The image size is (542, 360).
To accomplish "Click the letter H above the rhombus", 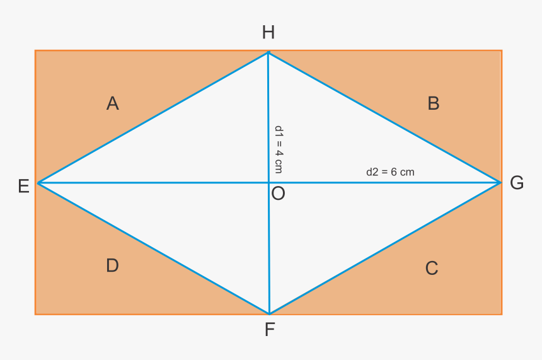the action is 268,33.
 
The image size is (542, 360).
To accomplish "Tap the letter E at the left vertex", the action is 23,186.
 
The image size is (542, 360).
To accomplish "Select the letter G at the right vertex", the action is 517,183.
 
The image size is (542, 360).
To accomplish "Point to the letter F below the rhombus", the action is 269,329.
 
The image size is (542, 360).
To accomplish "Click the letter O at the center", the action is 278,194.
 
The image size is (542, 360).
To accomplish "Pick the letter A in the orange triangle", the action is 113,103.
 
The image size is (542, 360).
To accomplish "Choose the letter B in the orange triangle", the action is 433,103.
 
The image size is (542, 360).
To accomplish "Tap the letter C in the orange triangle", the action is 431,269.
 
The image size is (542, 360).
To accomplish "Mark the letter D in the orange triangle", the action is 112,266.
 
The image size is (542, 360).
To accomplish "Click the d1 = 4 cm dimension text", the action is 279,149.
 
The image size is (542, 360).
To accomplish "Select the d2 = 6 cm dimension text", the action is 390,171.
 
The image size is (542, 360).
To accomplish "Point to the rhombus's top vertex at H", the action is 268,52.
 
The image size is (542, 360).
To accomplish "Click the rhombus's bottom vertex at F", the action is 269,313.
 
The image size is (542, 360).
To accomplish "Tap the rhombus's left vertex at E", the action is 38,183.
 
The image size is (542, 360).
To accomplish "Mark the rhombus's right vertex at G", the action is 500,183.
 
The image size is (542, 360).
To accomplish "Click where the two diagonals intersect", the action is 268,183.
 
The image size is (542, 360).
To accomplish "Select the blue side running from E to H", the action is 153,118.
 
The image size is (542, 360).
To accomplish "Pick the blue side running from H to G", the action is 384,118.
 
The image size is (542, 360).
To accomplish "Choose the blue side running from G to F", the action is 384,248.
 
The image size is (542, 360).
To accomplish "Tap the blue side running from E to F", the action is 153,248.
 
